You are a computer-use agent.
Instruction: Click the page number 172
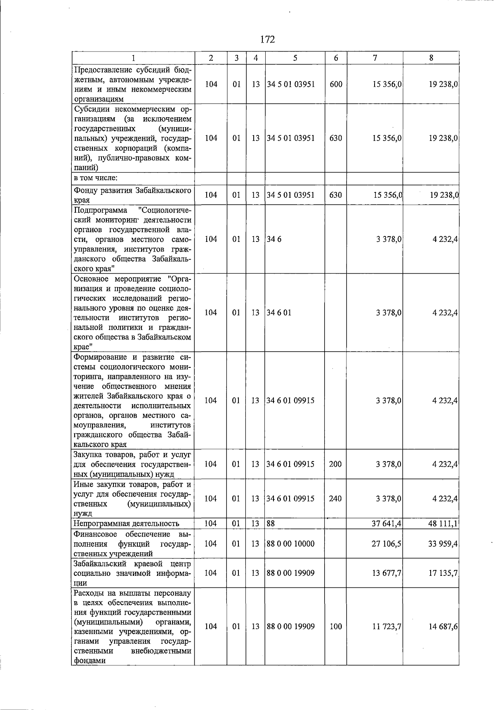[x=268, y=40]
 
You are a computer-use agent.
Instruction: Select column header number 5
[x=295, y=58]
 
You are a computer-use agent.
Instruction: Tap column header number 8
[x=431, y=58]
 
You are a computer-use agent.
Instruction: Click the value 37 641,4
[x=387, y=524]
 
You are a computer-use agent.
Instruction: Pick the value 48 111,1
[x=443, y=524]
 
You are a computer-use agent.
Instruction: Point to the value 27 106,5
[x=387, y=544]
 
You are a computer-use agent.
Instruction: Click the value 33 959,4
[x=443, y=544]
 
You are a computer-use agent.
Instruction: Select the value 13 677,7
[x=387, y=573]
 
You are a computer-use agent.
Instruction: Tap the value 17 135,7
[x=443, y=573]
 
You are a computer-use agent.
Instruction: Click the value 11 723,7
[x=387, y=627]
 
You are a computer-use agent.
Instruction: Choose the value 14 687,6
[x=443, y=627]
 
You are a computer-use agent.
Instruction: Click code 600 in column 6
[x=336, y=84]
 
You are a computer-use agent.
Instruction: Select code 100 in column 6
[x=336, y=627]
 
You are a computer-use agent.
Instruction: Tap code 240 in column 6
[x=335, y=499]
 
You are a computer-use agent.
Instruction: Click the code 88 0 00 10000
[x=290, y=544]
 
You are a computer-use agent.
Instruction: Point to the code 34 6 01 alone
[x=279, y=312]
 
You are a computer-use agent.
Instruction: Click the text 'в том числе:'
[x=96, y=178]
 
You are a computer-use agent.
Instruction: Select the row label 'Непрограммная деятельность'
[x=126, y=524]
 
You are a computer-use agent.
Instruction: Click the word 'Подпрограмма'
[x=100, y=210]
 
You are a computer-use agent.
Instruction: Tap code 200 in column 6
[x=335, y=464]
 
